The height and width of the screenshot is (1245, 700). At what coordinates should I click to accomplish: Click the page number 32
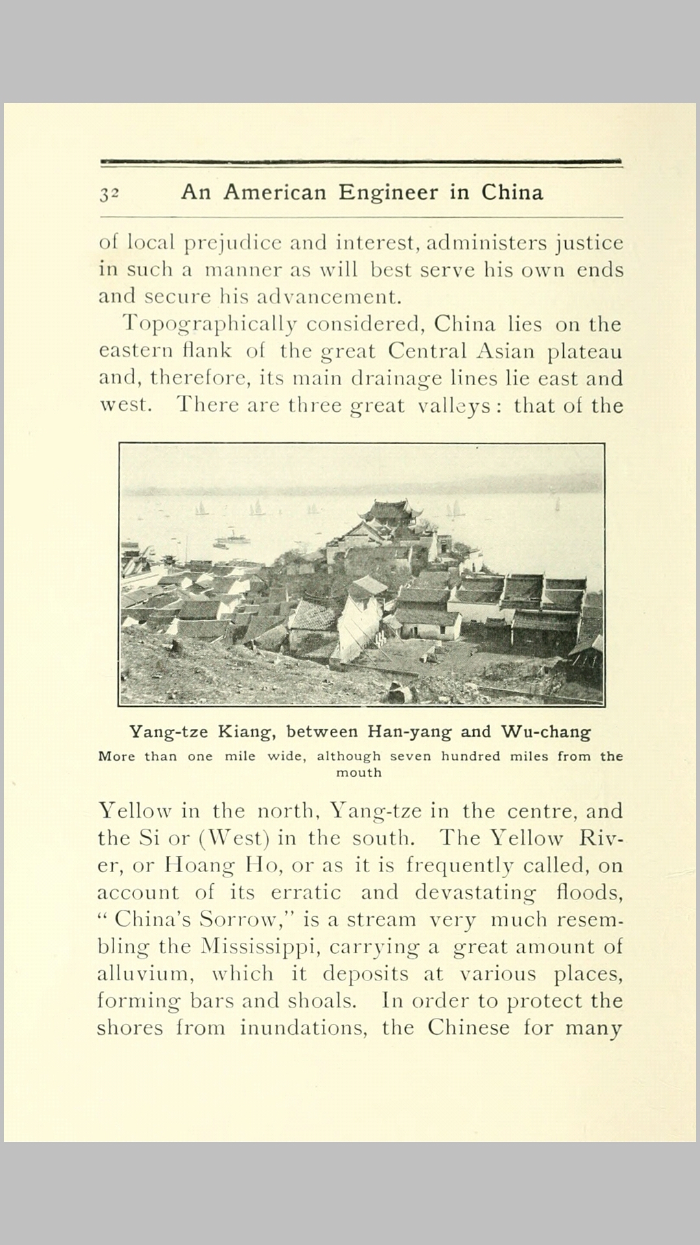[x=109, y=194]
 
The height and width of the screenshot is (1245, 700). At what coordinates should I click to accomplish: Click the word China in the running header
[x=511, y=193]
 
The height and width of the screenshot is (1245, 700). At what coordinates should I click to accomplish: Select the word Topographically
[x=209, y=324]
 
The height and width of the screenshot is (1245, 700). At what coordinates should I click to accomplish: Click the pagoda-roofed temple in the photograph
[x=389, y=516]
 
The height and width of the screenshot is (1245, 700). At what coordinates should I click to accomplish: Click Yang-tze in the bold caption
[x=169, y=732]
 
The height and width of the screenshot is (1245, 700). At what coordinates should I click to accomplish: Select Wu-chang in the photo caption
[x=546, y=732]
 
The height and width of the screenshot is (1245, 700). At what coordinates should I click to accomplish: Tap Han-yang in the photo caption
[x=410, y=732]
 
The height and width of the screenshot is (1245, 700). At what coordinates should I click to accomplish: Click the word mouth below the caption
[x=358, y=772]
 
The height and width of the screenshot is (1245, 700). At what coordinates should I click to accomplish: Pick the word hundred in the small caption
[x=471, y=756]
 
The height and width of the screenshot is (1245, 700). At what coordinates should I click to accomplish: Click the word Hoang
[x=198, y=866]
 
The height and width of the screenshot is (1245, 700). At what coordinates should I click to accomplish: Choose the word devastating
[x=475, y=893]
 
